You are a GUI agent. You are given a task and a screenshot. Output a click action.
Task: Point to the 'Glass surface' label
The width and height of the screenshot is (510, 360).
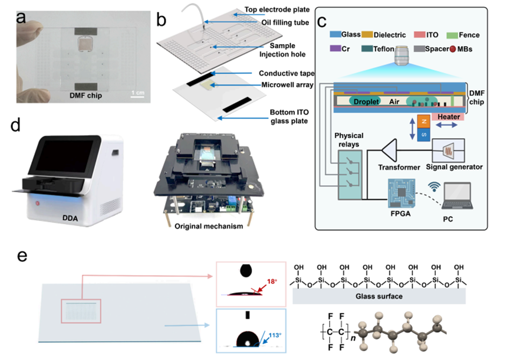[x=387, y=296]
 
